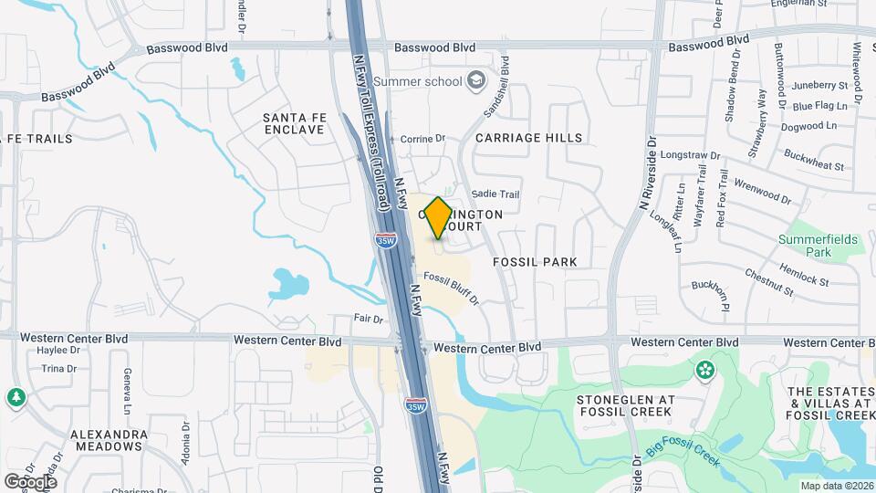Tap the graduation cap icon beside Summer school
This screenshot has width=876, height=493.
(x=475, y=81)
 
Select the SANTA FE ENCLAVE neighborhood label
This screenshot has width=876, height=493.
(x=293, y=123)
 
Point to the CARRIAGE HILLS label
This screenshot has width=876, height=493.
(x=528, y=138)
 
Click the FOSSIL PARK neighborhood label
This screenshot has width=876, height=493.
(x=535, y=262)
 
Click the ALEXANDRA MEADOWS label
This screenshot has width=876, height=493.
(x=109, y=440)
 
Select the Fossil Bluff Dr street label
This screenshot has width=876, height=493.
(x=451, y=288)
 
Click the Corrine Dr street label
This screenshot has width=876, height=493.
(x=422, y=139)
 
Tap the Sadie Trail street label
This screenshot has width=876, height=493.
(x=496, y=194)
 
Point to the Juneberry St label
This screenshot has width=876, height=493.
(x=820, y=86)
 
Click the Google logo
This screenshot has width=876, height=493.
(x=31, y=482)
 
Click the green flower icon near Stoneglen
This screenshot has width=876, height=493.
(x=704, y=371)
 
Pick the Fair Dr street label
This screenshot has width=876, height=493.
(x=368, y=319)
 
